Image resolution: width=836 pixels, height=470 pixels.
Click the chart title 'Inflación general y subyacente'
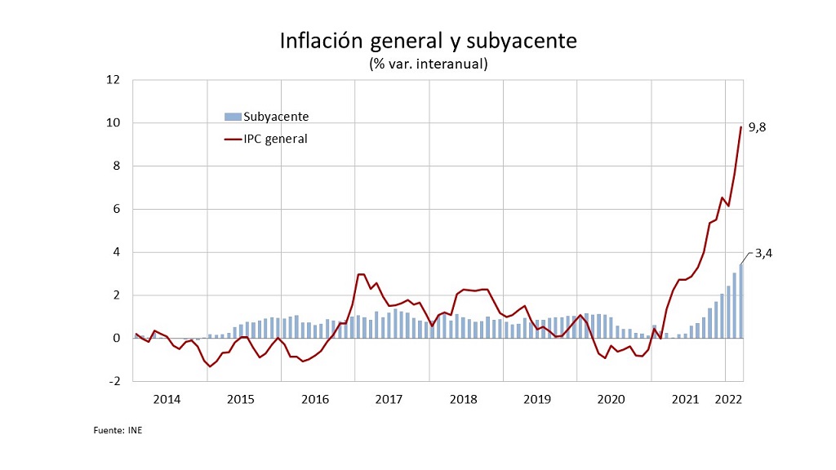pos(429,41)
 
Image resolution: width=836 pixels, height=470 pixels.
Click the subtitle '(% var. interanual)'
pos(429,63)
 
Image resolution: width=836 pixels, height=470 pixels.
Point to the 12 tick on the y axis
pos(113,80)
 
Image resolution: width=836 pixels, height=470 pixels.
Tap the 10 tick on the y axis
pos(113,123)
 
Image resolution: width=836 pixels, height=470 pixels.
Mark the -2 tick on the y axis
pos(113,381)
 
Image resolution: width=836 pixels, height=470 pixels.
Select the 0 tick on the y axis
pos(116,338)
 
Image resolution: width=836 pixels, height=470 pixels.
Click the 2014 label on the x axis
pos(167,399)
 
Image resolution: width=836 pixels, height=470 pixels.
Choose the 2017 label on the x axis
pos(389,399)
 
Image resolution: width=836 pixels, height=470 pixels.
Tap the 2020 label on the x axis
pos(611,399)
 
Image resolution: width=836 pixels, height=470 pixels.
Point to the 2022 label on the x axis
pos(728,399)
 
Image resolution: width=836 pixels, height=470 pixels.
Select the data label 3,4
pos(763,253)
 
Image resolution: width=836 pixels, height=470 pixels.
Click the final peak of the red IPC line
pos(741,127)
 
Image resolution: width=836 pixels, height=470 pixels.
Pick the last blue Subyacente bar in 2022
pos(741,301)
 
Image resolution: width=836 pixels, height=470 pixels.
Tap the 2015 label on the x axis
pos(241,399)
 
